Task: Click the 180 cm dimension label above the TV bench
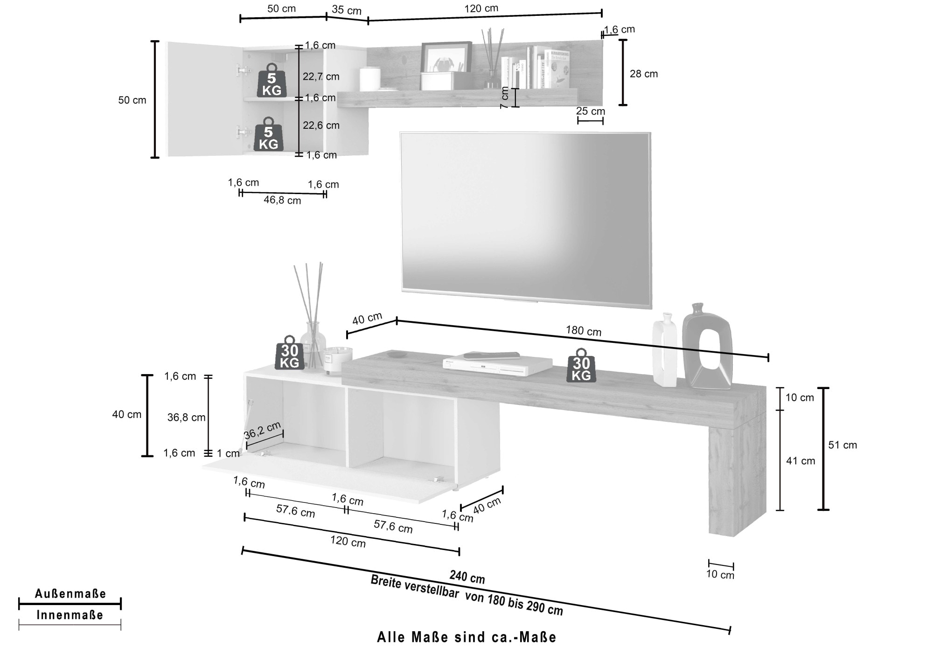click(584, 331)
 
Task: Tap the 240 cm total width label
click(467, 577)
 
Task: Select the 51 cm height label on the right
click(842, 445)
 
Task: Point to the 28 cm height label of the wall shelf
click(643, 74)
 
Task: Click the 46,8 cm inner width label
click(282, 200)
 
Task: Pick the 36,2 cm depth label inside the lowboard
click(262, 430)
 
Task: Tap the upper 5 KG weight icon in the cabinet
click(272, 81)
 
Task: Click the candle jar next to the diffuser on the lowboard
click(337, 360)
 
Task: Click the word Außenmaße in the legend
click(70, 593)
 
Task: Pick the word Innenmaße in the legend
click(70, 615)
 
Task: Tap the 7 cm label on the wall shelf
click(504, 98)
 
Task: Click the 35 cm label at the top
click(347, 10)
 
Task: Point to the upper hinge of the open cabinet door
click(242, 70)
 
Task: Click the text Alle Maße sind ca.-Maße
click(466, 637)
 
